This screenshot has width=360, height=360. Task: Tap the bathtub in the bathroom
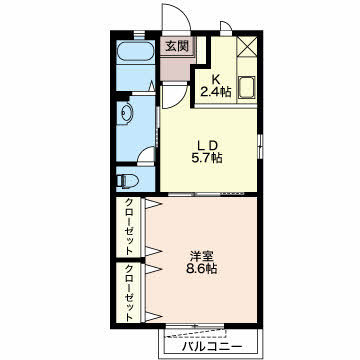pyautogui.click(x=135, y=52)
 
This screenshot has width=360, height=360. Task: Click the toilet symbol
pyautogui.click(x=128, y=181)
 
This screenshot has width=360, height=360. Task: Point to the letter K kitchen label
pyautogui.click(x=216, y=79)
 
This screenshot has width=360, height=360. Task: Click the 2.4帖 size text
pyautogui.click(x=216, y=91)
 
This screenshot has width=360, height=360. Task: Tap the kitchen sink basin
pyautogui.click(x=247, y=87)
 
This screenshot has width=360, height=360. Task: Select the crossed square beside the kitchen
pyautogui.click(x=247, y=47)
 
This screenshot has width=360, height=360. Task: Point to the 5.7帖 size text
pyautogui.click(x=207, y=157)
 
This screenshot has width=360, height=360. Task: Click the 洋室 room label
pyautogui.click(x=201, y=256)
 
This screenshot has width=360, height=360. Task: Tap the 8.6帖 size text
pyautogui.click(x=201, y=268)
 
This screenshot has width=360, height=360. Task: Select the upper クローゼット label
pyautogui.click(x=129, y=227)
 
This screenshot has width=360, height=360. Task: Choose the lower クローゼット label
pyautogui.click(x=129, y=293)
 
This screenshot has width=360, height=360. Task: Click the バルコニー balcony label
pyautogui.click(x=212, y=347)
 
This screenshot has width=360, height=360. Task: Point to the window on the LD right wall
pyautogui.click(x=260, y=146)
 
